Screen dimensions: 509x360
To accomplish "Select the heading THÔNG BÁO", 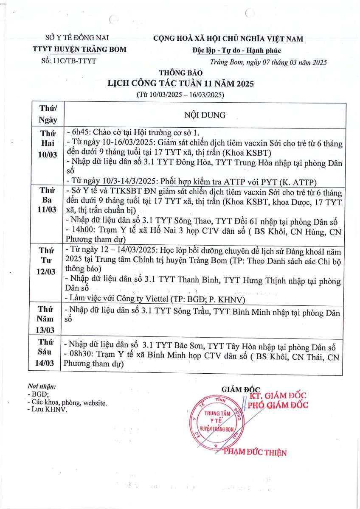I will [x=178, y=73].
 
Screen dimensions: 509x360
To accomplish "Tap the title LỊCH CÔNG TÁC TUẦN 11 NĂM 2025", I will [x=181, y=84].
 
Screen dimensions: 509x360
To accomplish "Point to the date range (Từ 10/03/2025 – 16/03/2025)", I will [x=180, y=94].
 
